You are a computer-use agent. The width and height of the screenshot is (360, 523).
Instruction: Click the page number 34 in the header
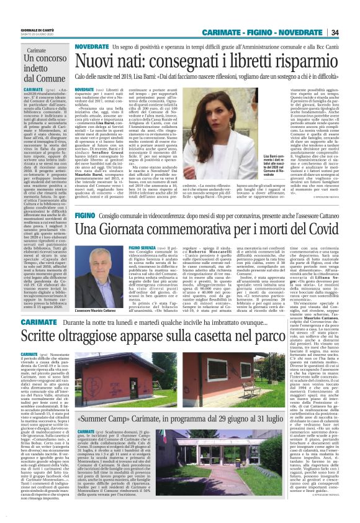click(335, 32)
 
